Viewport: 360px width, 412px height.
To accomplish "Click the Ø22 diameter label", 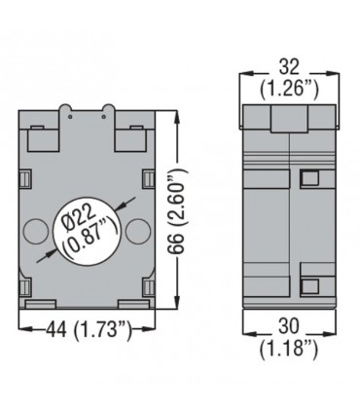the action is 79,219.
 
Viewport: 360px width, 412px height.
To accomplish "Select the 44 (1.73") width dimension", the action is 89,329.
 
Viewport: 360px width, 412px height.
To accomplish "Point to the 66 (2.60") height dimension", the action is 177,210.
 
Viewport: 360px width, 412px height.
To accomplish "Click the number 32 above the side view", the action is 289,67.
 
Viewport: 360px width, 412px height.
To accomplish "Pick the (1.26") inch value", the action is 289,88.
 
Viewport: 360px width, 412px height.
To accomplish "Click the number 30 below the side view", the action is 288,326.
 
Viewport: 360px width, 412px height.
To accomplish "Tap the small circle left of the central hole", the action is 36,231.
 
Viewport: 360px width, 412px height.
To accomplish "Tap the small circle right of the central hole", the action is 138,231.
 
